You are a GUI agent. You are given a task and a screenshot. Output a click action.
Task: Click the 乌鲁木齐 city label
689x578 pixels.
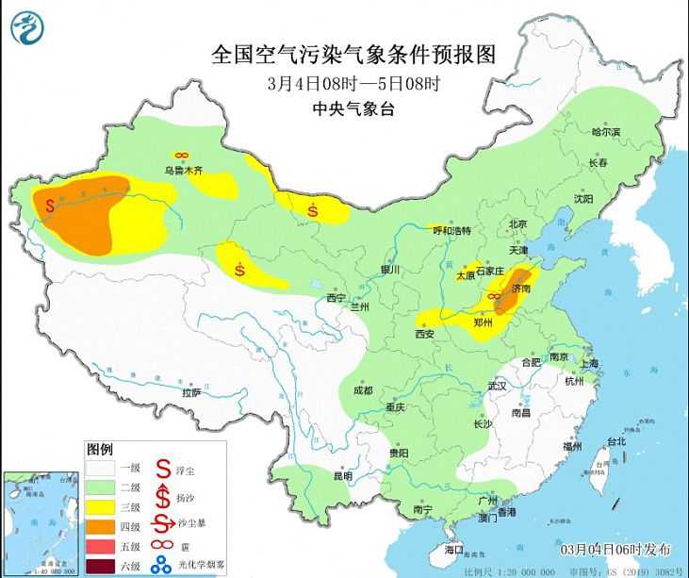point(183,171)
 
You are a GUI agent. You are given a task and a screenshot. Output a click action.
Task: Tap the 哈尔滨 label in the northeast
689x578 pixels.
point(606,133)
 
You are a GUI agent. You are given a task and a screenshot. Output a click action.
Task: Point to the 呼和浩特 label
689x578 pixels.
point(451,231)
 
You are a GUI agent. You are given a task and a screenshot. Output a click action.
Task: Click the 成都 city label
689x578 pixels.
point(362,390)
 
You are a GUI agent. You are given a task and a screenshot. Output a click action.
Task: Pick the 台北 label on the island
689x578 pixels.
point(615,441)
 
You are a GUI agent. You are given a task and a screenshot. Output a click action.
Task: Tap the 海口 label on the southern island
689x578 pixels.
point(454,549)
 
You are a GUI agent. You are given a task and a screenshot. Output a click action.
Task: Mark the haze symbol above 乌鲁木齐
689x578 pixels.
point(181,156)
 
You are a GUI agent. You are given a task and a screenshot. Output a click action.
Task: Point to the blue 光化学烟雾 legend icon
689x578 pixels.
point(163,564)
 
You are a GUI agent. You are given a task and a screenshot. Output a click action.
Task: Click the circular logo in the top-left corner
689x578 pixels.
point(29,27)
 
